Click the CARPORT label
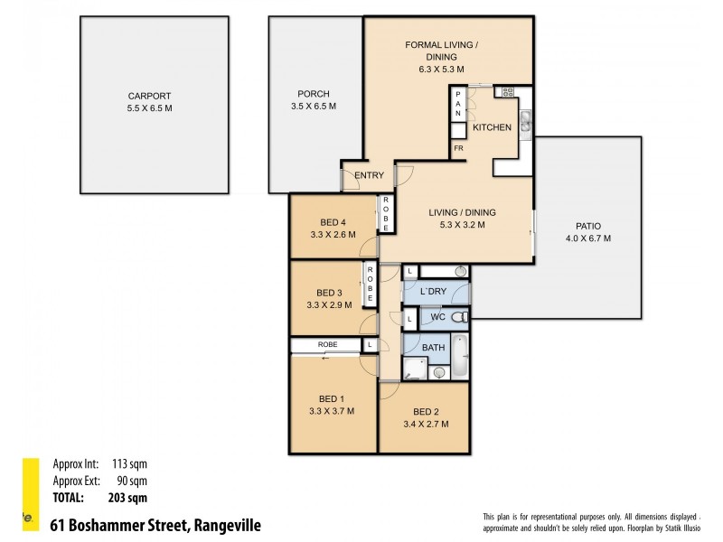[150, 96]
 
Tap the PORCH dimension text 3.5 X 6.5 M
[314, 106]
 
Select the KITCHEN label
[492, 127]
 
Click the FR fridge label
[458, 147]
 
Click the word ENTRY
[369, 175]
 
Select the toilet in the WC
[459, 317]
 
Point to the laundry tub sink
[460, 271]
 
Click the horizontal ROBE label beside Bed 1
[326, 344]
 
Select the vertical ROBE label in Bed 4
[386, 214]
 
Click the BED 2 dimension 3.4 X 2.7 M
[424, 424]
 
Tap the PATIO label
[587, 227]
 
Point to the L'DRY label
[436, 292]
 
